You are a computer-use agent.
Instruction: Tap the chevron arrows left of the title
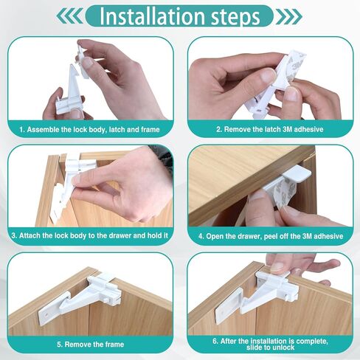(72, 16)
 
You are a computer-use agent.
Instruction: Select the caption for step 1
(90, 129)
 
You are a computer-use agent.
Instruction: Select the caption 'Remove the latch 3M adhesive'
(269, 129)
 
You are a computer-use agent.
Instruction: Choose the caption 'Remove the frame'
(90, 343)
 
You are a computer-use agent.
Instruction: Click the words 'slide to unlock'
(269, 347)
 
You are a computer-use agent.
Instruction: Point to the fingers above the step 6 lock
(299, 263)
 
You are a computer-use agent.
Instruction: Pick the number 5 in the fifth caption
(59, 343)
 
